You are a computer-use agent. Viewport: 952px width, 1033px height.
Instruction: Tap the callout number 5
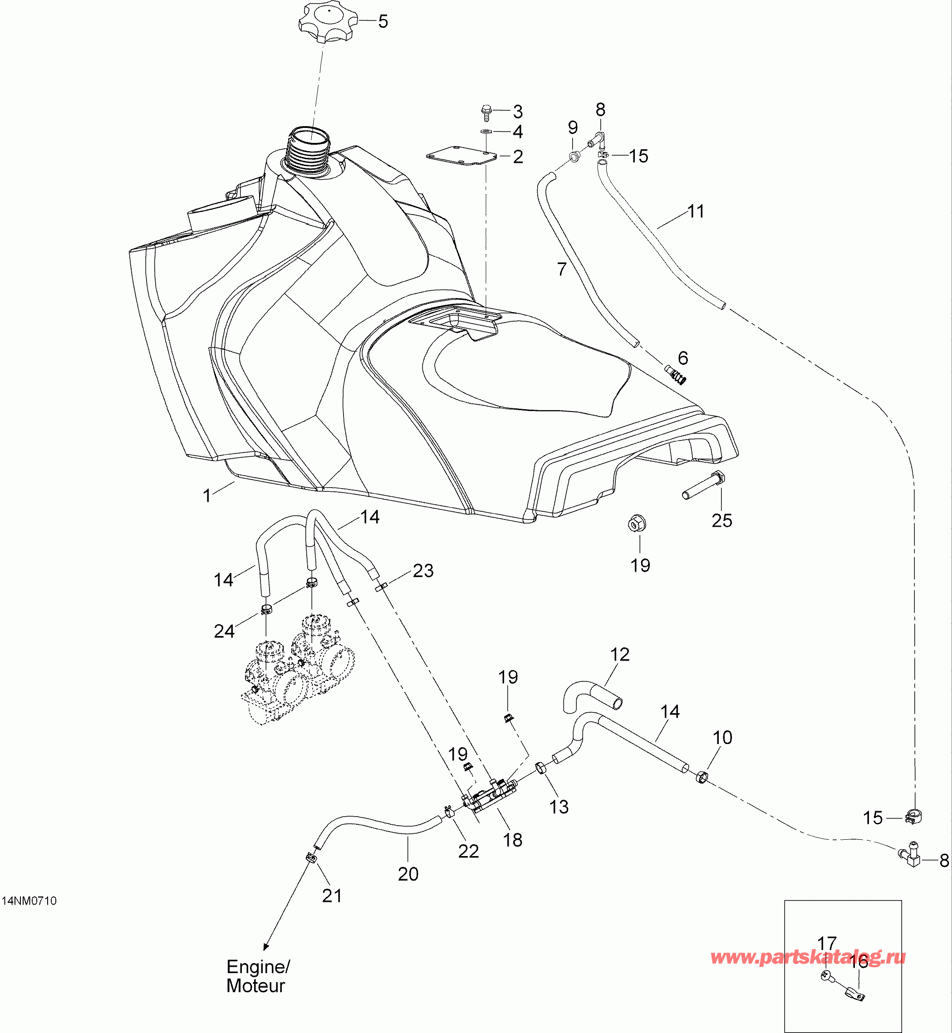click(383, 22)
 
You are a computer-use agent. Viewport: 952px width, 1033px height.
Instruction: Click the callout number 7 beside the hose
click(561, 269)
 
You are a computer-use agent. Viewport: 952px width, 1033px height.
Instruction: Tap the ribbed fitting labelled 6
click(676, 374)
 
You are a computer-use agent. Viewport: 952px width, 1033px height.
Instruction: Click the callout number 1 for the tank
click(207, 495)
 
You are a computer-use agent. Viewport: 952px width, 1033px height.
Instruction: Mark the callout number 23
click(423, 571)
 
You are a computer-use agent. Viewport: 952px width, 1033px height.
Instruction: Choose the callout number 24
click(224, 631)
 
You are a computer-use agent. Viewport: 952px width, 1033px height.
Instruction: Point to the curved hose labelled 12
click(593, 695)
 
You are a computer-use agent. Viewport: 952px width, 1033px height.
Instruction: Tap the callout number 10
click(722, 737)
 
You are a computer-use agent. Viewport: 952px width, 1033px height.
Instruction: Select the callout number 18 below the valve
click(513, 840)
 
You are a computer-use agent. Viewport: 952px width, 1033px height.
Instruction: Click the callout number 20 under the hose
click(408, 874)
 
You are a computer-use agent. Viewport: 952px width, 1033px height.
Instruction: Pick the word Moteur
click(255, 986)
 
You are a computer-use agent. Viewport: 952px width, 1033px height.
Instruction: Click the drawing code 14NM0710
click(29, 901)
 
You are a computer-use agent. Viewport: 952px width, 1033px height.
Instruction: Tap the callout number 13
click(559, 807)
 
